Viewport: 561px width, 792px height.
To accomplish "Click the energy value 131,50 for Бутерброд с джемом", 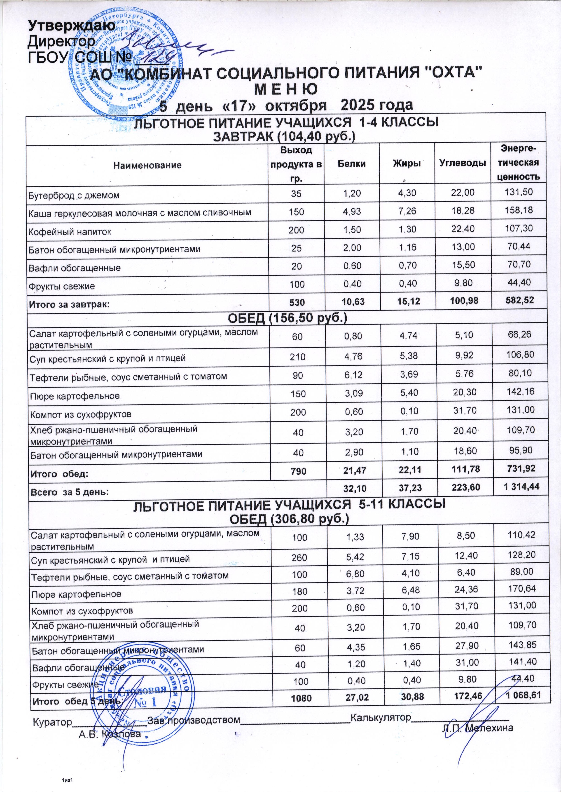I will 518,192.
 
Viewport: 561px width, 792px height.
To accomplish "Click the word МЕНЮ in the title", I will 286,89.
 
